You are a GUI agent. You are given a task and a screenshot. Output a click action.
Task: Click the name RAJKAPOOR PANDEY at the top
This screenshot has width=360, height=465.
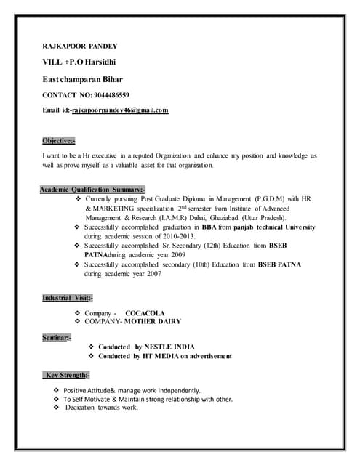[80, 46]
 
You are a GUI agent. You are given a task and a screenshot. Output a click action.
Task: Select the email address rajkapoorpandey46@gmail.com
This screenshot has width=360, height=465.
[120, 110]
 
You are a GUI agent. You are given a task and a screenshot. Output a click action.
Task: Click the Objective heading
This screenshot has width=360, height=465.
[58, 140]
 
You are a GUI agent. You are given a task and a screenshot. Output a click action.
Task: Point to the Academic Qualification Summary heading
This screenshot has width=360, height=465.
[92, 189]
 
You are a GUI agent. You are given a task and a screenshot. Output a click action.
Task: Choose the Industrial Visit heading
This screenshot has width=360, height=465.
[67, 298]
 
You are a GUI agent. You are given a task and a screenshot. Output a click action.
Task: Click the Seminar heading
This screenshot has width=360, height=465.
[57, 338]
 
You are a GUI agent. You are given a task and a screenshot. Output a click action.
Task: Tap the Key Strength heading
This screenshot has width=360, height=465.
[67, 375]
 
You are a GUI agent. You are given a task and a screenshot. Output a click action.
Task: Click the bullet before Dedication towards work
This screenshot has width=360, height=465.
[56, 408]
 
